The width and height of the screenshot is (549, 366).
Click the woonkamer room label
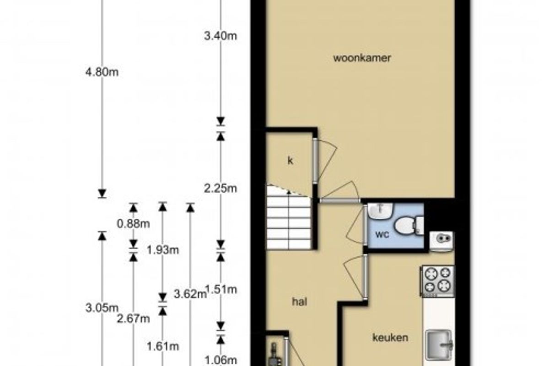click(362, 59)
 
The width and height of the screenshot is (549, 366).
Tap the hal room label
click(300, 302)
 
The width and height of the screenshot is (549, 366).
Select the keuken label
click(390, 338)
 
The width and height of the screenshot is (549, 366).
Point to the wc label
click(382, 235)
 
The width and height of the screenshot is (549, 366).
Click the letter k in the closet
click(290, 161)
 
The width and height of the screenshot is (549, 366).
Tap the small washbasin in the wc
click(380, 210)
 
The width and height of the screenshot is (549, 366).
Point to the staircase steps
click(289, 218)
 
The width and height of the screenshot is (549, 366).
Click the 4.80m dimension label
click(102, 72)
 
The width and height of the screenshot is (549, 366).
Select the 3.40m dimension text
click(221, 36)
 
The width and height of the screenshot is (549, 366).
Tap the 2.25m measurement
click(221, 189)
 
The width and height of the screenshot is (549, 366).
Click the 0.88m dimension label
click(133, 224)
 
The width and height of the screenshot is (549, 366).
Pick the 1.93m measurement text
click(163, 250)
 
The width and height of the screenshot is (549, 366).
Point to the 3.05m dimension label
click(102, 308)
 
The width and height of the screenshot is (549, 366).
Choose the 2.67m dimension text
click(133, 319)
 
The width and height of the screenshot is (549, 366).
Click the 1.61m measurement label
click(163, 346)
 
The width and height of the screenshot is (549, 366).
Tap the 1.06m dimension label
click(221, 361)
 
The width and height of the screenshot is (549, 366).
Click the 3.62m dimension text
click(190, 294)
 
